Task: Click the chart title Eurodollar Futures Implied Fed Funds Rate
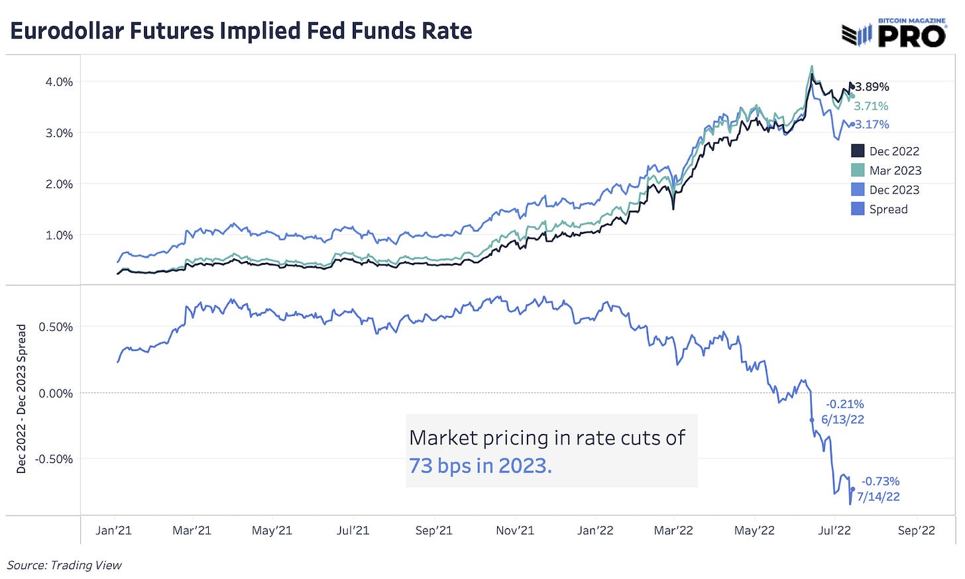coord(241,31)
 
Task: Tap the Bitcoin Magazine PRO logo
coord(893,32)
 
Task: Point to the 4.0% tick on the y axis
coord(59,82)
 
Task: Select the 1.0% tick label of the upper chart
coord(59,235)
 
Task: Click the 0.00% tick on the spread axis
coord(56,394)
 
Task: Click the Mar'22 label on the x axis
coord(673,531)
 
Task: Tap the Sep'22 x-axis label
coord(916,531)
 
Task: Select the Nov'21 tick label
coord(515,531)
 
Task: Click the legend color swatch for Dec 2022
coord(858,151)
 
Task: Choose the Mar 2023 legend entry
coord(895,170)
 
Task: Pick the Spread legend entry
coord(888,209)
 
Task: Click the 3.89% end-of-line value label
coord(872,87)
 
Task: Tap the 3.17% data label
coord(872,125)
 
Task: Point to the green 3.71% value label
coord(871,106)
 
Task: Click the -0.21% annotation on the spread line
coord(844,404)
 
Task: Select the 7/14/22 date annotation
coord(878,497)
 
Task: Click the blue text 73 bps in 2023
coord(480,466)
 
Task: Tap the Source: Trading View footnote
coord(64,565)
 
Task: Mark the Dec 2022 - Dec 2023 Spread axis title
coord(21,399)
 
